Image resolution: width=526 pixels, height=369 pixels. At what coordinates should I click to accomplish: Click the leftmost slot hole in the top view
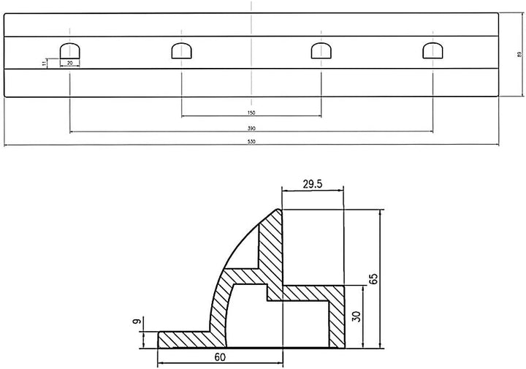[69, 50]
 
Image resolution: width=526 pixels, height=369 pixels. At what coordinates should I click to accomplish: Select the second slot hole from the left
[181, 50]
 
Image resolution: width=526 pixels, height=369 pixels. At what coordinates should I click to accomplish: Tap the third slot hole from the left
[321, 50]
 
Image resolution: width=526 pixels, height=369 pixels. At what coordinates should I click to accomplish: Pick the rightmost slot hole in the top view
[432, 50]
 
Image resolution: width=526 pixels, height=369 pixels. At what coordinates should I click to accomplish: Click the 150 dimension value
[251, 113]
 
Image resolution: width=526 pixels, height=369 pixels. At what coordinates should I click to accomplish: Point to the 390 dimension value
[251, 129]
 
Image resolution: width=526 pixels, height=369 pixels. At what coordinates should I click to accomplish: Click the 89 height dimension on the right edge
[518, 54]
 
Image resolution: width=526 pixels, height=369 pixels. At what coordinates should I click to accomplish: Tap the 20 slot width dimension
[69, 64]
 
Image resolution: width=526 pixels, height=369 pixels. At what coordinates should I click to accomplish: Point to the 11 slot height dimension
[45, 64]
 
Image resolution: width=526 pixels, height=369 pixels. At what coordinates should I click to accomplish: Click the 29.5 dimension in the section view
[312, 185]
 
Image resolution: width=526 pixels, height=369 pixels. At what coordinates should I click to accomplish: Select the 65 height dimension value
[374, 278]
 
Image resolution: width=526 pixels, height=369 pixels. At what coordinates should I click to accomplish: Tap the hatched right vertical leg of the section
[337, 322]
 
